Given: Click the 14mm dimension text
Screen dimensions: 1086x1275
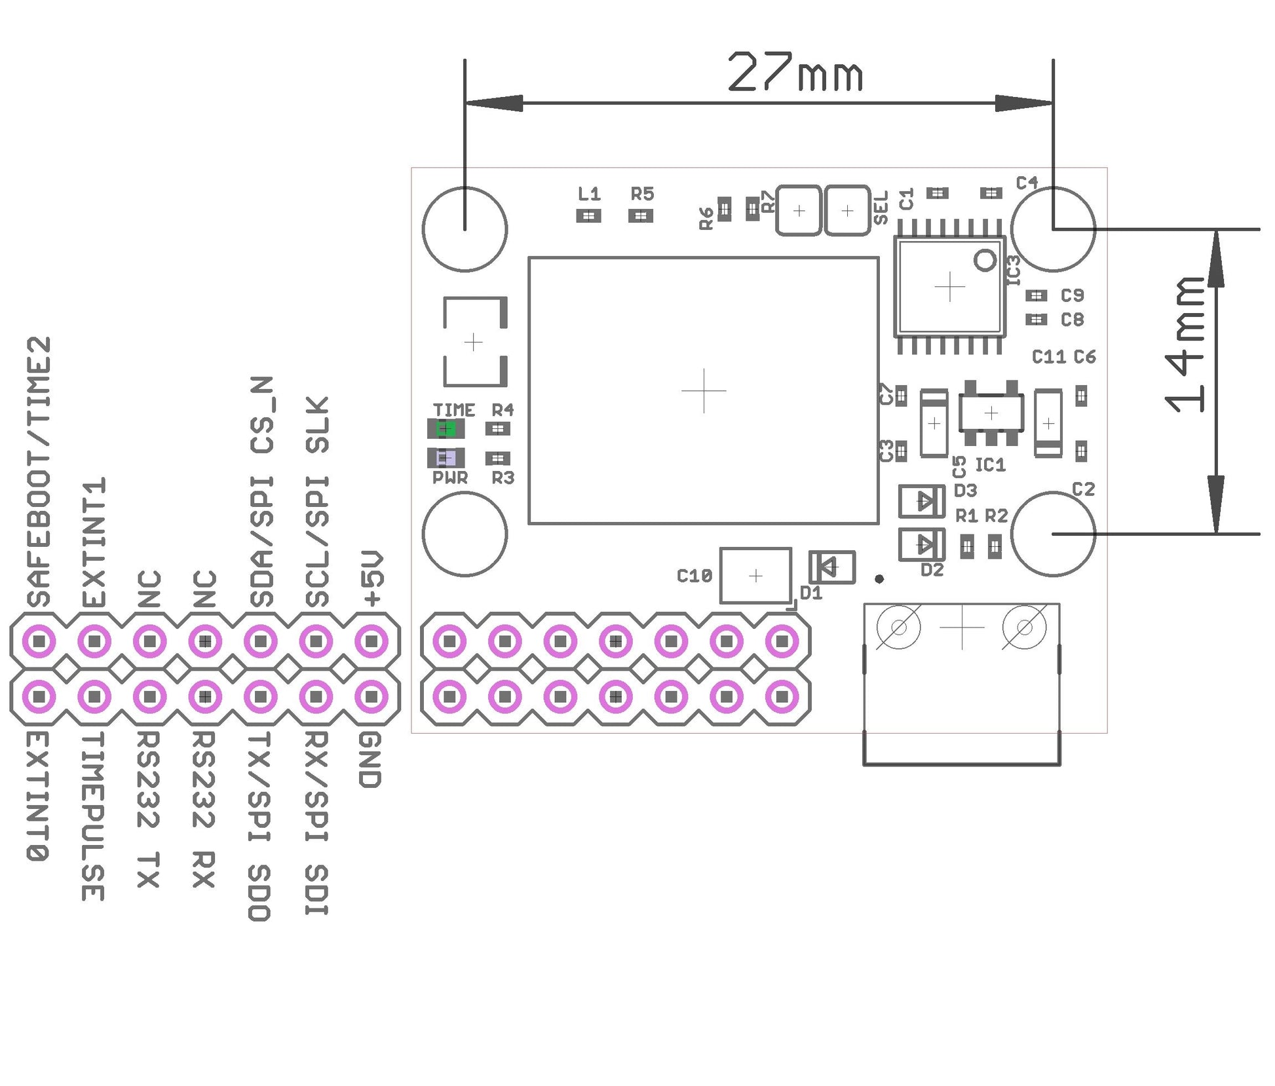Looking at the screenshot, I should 1185,344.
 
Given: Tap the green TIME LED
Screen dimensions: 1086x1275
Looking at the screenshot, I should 446,429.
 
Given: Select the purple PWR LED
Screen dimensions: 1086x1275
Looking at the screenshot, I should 446,457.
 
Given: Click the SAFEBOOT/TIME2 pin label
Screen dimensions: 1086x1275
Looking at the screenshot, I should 39,472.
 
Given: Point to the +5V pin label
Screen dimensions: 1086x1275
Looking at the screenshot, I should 371,578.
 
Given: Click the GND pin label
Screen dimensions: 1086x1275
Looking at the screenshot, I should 370,760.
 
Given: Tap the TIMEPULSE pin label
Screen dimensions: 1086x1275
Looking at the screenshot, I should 93,815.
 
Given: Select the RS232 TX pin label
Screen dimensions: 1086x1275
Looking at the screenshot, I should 149,809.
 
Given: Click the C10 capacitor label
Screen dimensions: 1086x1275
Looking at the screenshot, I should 694,576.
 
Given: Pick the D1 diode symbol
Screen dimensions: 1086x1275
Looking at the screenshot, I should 831,567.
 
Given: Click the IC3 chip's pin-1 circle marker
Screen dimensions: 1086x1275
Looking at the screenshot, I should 985,260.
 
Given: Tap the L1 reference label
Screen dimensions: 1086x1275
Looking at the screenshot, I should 589,194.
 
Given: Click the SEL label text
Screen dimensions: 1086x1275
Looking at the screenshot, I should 881,208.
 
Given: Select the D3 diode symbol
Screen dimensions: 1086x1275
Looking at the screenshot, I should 921,502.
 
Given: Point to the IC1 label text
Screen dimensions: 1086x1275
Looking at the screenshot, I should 990,465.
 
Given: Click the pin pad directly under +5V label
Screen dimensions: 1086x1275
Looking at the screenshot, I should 371,641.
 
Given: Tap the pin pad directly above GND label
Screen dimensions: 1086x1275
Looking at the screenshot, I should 371,696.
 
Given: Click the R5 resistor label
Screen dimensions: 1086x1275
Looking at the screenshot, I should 642,194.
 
